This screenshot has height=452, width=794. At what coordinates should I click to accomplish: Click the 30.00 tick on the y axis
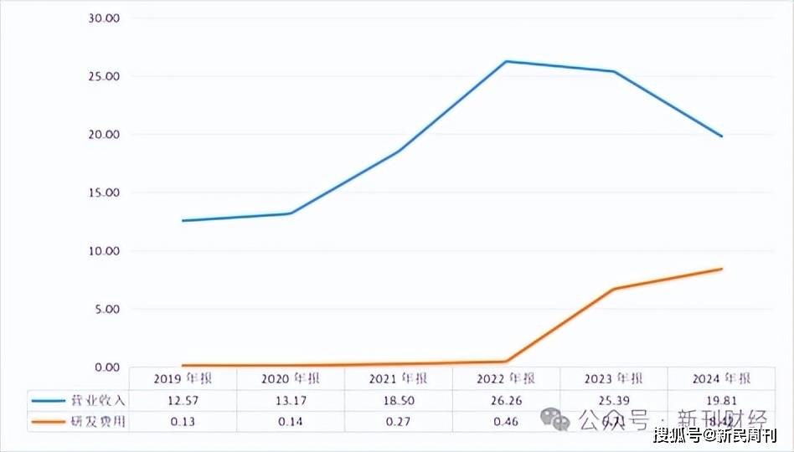(105, 18)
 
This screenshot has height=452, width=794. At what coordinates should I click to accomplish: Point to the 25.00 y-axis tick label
(105, 76)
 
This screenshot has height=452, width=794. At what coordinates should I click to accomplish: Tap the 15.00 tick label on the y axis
(105, 193)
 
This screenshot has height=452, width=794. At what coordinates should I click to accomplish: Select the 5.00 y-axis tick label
(108, 309)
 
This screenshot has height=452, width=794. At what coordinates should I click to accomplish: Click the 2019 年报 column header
(183, 378)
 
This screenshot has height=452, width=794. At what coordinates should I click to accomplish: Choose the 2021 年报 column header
(398, 378)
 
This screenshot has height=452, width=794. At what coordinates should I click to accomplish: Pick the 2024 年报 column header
(722, 378)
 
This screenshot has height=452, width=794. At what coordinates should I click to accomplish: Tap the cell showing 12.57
(183, 400)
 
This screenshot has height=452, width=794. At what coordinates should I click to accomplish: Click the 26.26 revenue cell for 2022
(506, 400)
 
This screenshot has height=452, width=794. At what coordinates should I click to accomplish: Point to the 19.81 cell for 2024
(722, 400)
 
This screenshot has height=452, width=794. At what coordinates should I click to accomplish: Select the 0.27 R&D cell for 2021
(398, 421)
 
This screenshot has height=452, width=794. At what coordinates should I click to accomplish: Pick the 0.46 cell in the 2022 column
(506, 421)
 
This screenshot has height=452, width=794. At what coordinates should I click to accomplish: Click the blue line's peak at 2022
(506, 61)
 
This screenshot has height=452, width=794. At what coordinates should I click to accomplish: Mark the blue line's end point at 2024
(722, 136)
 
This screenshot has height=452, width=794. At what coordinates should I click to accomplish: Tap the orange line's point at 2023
(614, 289)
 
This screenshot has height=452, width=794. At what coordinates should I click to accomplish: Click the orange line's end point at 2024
(722, 269)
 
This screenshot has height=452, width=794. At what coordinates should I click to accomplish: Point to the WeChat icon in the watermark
(554, 417)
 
